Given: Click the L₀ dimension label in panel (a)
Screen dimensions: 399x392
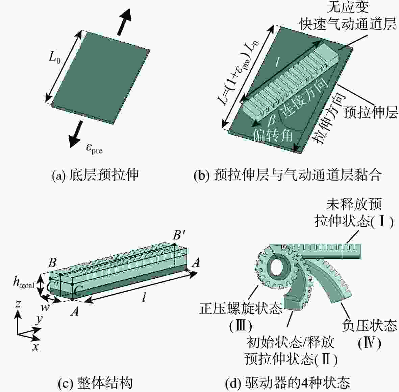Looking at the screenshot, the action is [55, 58].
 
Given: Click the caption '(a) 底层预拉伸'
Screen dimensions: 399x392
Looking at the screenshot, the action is [95, 175].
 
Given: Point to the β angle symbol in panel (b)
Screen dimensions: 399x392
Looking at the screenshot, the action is [272, 119].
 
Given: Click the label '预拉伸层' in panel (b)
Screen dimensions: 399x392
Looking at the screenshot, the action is [370, 112].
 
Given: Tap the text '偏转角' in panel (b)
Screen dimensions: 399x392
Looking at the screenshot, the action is [273, 135].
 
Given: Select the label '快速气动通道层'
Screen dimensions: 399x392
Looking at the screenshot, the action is [347, 24].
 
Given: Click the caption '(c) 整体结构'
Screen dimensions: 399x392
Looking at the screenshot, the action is [95, 383].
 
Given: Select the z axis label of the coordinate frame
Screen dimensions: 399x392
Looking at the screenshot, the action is [18, 304].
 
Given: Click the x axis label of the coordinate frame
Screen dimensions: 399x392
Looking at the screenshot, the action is [35, 346].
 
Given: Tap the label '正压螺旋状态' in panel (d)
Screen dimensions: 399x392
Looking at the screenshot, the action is [241, 308].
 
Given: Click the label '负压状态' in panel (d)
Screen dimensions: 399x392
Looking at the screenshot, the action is [369, 325].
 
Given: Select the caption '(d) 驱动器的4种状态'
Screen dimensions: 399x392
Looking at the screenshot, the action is [288, 383].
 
